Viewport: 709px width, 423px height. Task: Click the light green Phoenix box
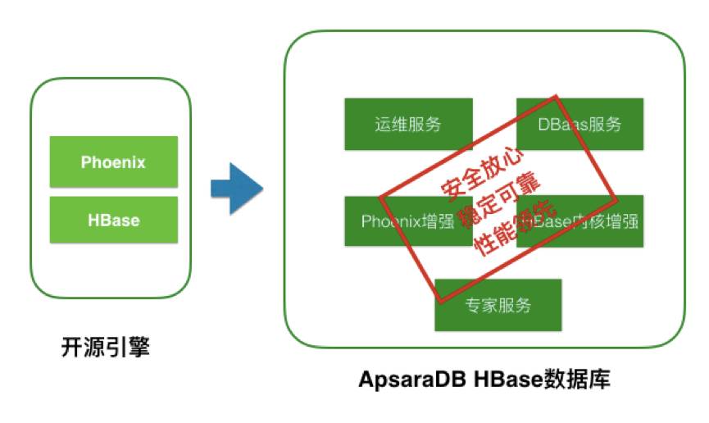[x=113, y=161]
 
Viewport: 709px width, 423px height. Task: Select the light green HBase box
[x=113, y=220]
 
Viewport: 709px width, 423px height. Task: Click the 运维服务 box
[x=407, y=125]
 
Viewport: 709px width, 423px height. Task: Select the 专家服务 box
[x=498, y=305]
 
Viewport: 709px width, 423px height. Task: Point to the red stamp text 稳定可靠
[x=492, y=203]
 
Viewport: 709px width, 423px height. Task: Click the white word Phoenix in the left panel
[x=113, y=162]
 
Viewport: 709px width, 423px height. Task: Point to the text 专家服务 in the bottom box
[x=498, y=305]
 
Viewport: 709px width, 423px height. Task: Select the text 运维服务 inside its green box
[x=408, y=125]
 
